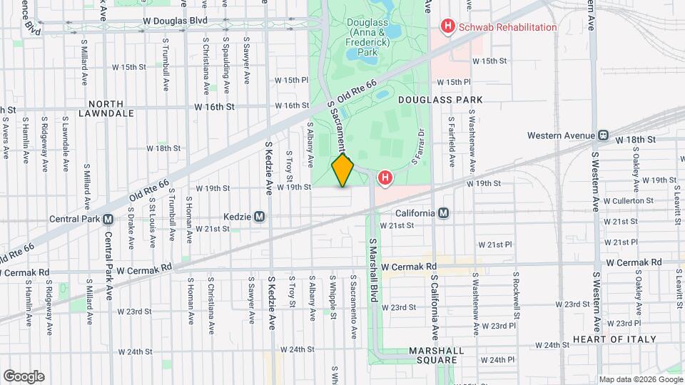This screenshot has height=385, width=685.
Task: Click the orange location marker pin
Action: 343,170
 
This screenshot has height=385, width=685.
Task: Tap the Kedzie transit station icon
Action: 260,216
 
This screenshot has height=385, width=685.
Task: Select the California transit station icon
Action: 444,213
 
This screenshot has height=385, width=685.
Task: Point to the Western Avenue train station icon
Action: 604,135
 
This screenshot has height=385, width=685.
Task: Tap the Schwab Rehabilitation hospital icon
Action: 448,27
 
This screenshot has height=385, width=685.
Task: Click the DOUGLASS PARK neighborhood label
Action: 440,99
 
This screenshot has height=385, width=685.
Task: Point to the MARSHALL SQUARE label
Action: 436,356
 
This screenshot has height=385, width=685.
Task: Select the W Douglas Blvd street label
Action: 174,21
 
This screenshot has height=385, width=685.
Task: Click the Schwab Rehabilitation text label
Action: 508,27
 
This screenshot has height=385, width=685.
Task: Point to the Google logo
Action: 24,376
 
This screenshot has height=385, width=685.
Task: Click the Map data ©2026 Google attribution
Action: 640,379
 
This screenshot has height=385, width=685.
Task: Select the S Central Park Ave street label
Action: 109,265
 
